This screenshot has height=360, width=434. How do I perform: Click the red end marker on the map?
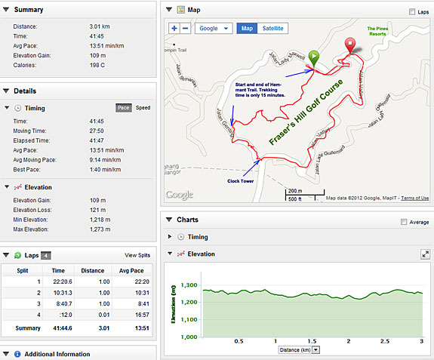point(349,45)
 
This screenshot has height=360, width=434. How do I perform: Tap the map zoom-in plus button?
point(174,28)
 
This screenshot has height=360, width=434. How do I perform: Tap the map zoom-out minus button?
point(186,28)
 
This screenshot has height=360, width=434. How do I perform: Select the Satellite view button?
point(273,28)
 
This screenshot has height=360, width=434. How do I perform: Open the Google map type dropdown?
point(214,28)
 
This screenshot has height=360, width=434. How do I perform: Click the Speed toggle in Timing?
point(142,108)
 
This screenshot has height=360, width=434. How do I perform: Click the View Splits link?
point(137,256)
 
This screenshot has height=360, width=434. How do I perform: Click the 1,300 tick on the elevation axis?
point(189,286)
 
